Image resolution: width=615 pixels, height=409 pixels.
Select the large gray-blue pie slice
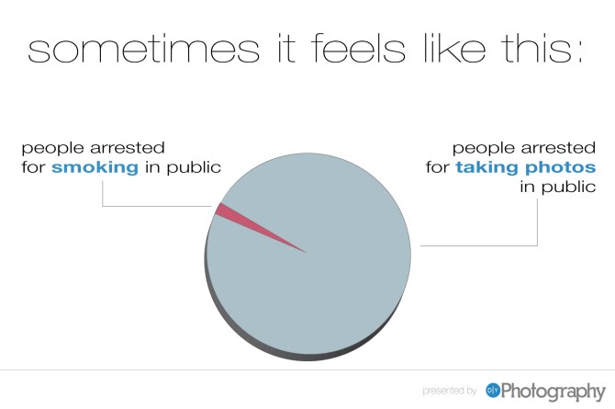[314, 275]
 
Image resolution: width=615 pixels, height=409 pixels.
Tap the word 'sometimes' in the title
[143, 49]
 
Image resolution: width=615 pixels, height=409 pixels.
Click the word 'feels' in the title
[358, 48]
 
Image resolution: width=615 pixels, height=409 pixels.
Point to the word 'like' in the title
[454, 48]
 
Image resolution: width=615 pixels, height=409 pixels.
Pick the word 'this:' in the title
[542, 48]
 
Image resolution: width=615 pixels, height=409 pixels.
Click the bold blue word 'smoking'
[95, 168]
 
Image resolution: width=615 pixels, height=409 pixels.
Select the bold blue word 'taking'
[486, 168]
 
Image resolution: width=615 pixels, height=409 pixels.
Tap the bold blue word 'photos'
[561, 168]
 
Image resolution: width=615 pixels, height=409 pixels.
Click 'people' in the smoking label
[52, 149]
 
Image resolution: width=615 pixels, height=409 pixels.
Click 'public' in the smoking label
[194, 168]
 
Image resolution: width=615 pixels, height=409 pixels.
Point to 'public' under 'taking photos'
[569, 187]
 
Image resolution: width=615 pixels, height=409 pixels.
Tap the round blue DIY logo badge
[493, 391]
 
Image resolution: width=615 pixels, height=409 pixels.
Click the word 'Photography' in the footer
[553, 392]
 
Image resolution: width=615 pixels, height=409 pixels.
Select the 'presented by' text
[450, 391]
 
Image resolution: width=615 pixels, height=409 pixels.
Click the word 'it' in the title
[286, 49]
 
